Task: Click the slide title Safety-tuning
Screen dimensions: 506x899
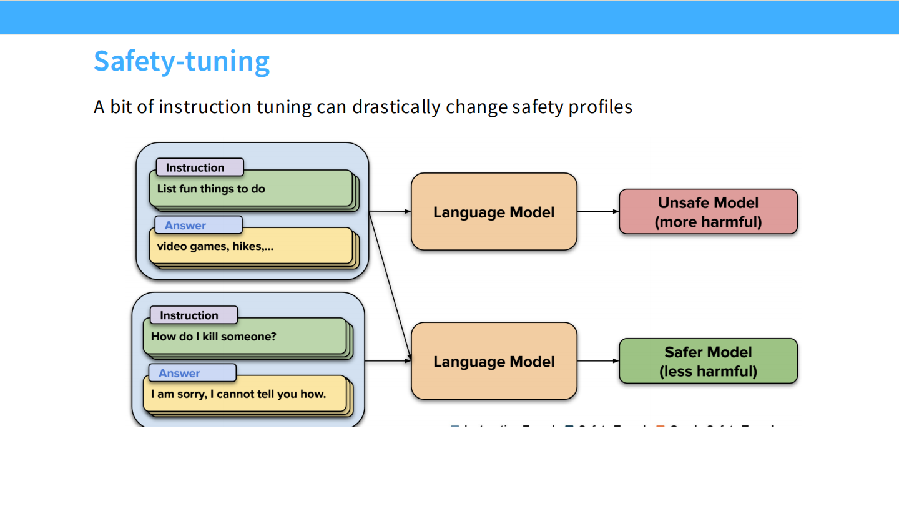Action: coord(181,61)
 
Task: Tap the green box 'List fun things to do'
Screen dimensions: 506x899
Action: coord(250,189)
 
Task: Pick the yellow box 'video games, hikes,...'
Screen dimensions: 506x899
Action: coord(250,246)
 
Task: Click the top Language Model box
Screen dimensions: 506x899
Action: coord(493,212)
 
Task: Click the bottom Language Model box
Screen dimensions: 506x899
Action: coord(493,361)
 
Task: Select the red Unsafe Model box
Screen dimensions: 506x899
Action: coord(708,212)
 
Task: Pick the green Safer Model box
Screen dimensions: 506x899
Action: coord(708,361)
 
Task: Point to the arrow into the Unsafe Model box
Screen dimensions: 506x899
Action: coord(597,212)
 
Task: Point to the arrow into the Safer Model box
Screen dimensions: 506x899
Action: coord(597,361)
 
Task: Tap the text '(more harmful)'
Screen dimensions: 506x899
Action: coord(708,222)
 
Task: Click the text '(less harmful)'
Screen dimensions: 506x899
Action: coord(708,372)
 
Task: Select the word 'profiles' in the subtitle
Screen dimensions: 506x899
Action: coord(600,107)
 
